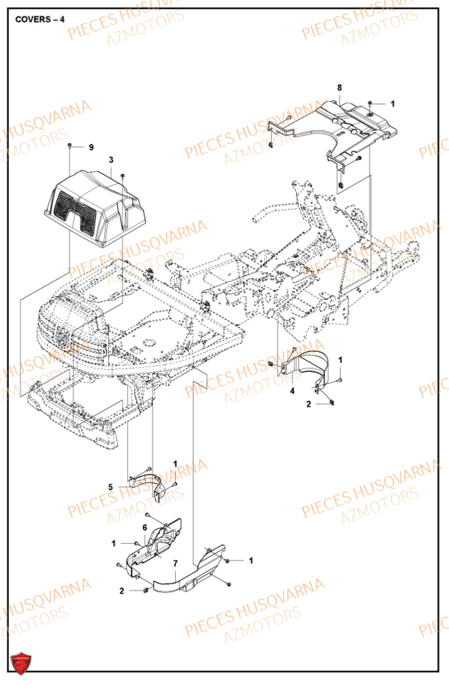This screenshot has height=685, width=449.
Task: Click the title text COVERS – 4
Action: point(40,19)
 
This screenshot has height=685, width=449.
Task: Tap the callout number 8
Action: point(339,88)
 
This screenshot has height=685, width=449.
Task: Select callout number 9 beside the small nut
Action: point(91,147)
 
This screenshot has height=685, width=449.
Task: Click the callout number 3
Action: point(111,160)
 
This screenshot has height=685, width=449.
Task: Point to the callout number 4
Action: point(292,390)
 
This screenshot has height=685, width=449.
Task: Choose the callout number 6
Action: point(144,527)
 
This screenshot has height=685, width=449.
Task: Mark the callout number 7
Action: point(175,563)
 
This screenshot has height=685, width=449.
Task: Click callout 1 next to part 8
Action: point(393,103)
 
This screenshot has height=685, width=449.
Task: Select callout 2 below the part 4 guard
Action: point(309,405)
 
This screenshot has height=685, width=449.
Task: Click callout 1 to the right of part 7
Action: point(251,560)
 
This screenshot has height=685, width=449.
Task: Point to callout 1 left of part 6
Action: point(114,543)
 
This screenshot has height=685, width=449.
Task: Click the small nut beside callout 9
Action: point(70,147)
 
